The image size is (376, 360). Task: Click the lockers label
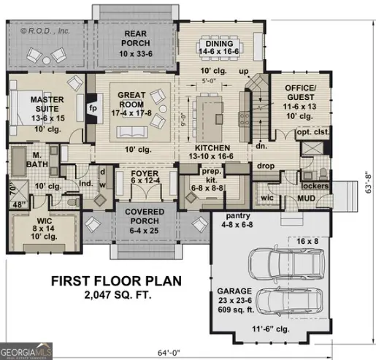[x=315, y=186]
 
